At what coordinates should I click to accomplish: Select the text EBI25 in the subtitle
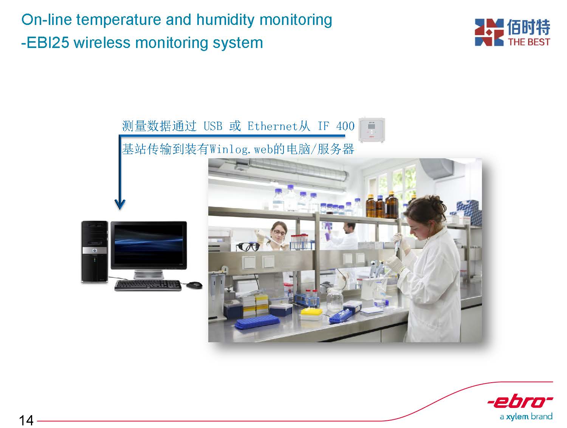(x=48, y=43)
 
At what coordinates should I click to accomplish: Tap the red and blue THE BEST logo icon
(x=489, y=32)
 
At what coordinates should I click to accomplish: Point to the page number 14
(x=26, y=420)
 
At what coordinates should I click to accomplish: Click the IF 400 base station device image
(x=372, y=130)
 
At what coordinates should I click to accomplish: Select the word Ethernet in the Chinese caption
(x=273, y=126)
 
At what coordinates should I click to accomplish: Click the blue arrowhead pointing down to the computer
(x=120, y=204)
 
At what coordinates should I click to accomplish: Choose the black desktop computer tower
(x=95, y=252)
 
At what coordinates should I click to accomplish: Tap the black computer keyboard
(x=148, y=285)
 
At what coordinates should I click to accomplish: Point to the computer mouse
(x=194, y=284)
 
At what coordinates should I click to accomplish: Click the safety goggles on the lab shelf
(x=248, y=247)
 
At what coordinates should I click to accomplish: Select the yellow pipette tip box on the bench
(x=311, y=313)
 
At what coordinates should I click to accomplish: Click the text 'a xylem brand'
(x=526, y=416)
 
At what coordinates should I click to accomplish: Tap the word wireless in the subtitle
(x=102, y=43)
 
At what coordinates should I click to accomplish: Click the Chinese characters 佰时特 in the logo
(x=528, y=27)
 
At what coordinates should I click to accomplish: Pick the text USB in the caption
(x=213, y=126)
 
